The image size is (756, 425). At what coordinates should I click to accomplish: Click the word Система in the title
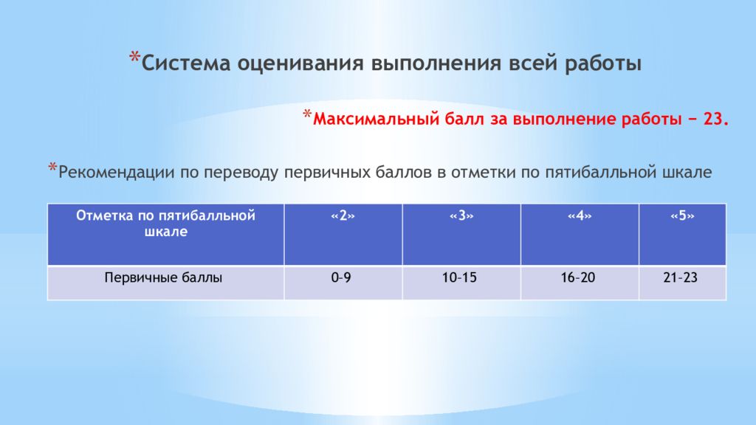185,63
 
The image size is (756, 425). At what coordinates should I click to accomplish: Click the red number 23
715,119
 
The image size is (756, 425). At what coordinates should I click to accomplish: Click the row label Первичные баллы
163,278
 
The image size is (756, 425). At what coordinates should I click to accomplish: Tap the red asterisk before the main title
134,58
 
